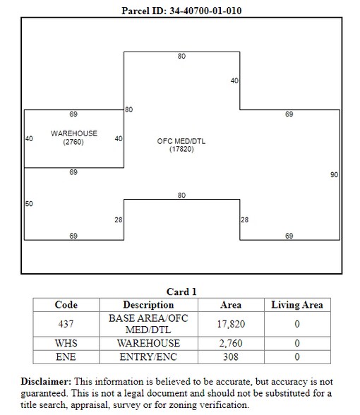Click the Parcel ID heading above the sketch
click(181, 11)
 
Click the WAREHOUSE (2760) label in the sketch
click(74, 138)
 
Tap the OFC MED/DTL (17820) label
click(181, 145)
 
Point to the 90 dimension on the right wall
click(334, 175)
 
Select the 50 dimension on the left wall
click(29, 203)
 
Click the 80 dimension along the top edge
click(181, 56)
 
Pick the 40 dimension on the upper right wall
click(234, 80)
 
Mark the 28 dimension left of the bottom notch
click(119, 219)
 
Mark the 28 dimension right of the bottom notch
click(244, 219)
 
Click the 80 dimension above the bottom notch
click(181, 196)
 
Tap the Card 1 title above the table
click(181, 291)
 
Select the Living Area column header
click(297, 305)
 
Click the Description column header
click(148, 305)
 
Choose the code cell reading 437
click(66, 324)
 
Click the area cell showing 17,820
click(231, 324)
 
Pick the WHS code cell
click(66, 343)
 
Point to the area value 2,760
click(231, 343)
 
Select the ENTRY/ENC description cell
click(148, 357)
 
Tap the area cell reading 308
click(231, 357)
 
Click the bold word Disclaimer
click(46, 381)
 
